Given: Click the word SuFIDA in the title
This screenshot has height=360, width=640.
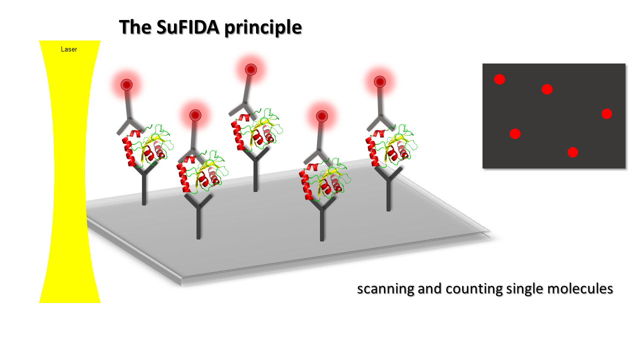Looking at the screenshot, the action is pos(188,27).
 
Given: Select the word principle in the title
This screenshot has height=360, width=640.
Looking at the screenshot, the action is pos(263,28).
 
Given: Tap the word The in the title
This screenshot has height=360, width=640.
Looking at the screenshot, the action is pos(135,27).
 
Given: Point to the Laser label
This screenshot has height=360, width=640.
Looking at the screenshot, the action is pos(69,49).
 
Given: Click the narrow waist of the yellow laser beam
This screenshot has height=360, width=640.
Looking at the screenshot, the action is pos(69,171).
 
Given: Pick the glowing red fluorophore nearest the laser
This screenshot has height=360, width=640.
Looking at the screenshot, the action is pos(126,85).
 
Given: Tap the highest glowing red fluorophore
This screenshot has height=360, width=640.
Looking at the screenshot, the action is pos(251,69).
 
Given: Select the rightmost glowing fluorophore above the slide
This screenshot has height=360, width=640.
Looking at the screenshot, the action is pos(379,81).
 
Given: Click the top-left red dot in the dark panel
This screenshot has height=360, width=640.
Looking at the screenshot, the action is pos(499,79).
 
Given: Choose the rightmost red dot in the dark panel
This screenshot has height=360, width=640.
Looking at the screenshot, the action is pos(606,113).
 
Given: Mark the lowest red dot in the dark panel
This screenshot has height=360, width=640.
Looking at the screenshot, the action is pos(572,152).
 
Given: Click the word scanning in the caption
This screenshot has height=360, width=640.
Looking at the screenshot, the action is pos(385,289).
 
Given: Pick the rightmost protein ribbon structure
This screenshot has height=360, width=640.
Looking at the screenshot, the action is pos(391,145).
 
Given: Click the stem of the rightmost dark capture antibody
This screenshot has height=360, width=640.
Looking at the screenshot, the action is pos(388,195).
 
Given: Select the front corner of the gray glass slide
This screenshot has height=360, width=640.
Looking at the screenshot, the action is pos(181,281).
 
